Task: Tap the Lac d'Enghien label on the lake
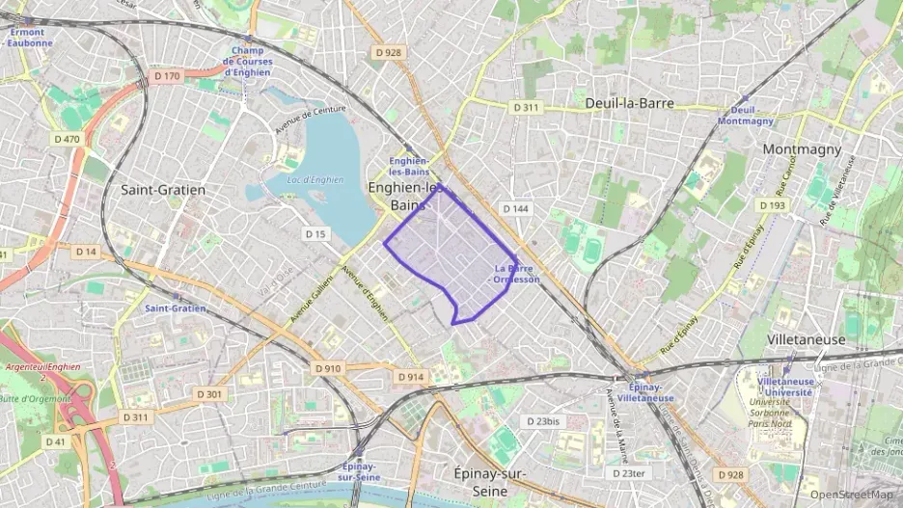315,179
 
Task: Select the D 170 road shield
167,75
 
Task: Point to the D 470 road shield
67,139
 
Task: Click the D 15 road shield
316,233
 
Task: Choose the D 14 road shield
86,252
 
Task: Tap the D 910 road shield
328,368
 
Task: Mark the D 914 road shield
410,377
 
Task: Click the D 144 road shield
515,208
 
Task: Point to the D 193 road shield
772,205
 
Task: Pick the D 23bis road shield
540,421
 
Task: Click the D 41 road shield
55,441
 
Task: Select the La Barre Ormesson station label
516,274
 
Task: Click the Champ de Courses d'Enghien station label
248,61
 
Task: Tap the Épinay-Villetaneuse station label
645,391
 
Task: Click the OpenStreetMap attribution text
851,495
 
